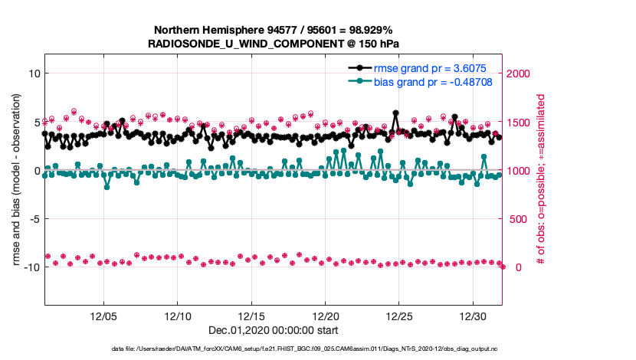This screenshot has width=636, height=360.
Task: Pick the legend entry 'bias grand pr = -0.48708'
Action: click(x=432, y=80)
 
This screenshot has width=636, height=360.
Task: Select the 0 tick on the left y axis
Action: click(x=34, y=170)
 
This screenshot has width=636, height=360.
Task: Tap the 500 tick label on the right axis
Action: click(x=516, y=219)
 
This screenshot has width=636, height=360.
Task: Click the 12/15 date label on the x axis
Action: click(x=251, y=316)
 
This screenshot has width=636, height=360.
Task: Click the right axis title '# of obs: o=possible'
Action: click(x=540, y=180)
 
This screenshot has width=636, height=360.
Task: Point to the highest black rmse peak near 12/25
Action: click(x=395, y=113)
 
